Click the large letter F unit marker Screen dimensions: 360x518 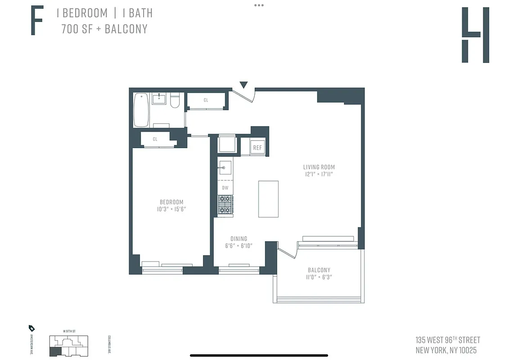click(x=37, y=21)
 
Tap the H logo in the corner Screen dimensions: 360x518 click(x=475, y=35)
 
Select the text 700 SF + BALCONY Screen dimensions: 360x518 click(x=104, y=29)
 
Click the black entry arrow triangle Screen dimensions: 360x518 click(x=243, y=85)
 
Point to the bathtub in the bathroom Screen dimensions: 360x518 click(x=141, y=110)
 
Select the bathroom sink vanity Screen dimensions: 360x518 click(x=159, y=98)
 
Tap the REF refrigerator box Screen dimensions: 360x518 click(x=257, y=148)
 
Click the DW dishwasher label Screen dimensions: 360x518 click(x=225, y=188)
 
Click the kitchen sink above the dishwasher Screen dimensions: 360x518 click(x=225, y=168)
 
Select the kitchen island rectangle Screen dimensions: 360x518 click(x=268, y=199)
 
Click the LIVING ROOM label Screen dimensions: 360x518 click(x=319, y=167)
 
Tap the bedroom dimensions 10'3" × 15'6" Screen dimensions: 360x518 click(x=171, y=209)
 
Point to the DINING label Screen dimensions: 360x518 click(x=239, y=239)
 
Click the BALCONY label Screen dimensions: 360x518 click(x=319, y=270)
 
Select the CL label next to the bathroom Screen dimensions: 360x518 click(x=206, y=100)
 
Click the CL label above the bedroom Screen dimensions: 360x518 click(x=155, y=139)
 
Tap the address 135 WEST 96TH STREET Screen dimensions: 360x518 click(x=447, y=340)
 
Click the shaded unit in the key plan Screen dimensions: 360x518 click(x=54, y=352)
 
